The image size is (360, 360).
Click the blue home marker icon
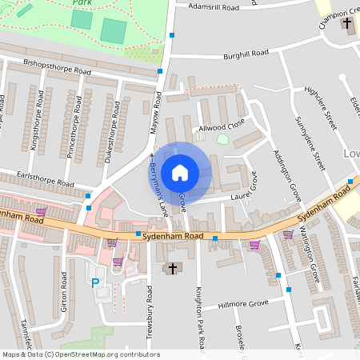point(180,172)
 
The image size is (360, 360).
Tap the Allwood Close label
point(224,126)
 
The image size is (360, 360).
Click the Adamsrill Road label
point(213,6)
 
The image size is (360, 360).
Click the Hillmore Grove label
point(245,304)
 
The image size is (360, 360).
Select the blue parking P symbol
point(96,282)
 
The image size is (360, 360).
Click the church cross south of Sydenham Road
point(171,268)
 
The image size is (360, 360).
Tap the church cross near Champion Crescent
point(346,23)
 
